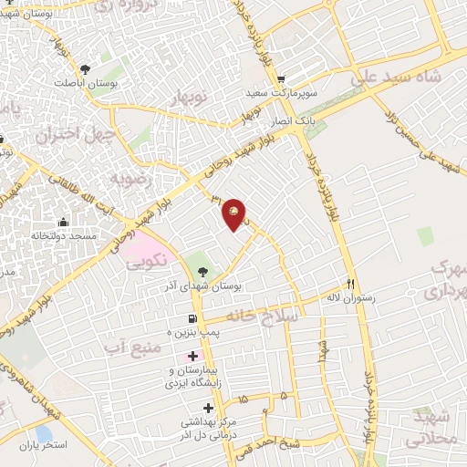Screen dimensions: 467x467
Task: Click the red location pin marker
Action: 236,214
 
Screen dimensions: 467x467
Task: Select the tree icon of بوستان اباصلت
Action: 86,68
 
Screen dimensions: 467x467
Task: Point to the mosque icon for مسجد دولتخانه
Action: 63,222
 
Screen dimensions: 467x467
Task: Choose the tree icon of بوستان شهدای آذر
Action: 202,271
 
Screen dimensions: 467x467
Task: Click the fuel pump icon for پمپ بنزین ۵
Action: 192,319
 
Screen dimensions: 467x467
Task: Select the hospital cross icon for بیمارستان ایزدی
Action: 192,355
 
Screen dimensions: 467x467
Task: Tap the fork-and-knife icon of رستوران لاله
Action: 351,284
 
